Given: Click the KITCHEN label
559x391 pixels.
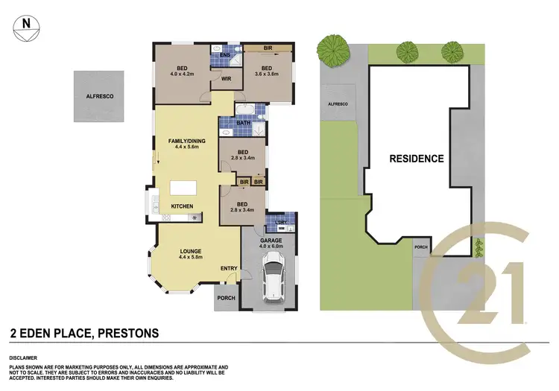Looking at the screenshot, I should pyautogui.click(x=183, y=206).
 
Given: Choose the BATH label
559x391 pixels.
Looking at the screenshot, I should pyautogui.click(x=244, y=123).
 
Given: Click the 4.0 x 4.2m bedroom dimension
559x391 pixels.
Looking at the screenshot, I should pyautogui.click(x=183, y=73).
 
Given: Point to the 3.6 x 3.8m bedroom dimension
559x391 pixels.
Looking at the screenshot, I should pyautogui.click(x=266, y=73).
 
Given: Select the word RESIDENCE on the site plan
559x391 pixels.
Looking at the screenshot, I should pyautogui.click(x=416, y=159).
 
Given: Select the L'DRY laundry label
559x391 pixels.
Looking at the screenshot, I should pyautogui.click(x=280, y=223).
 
